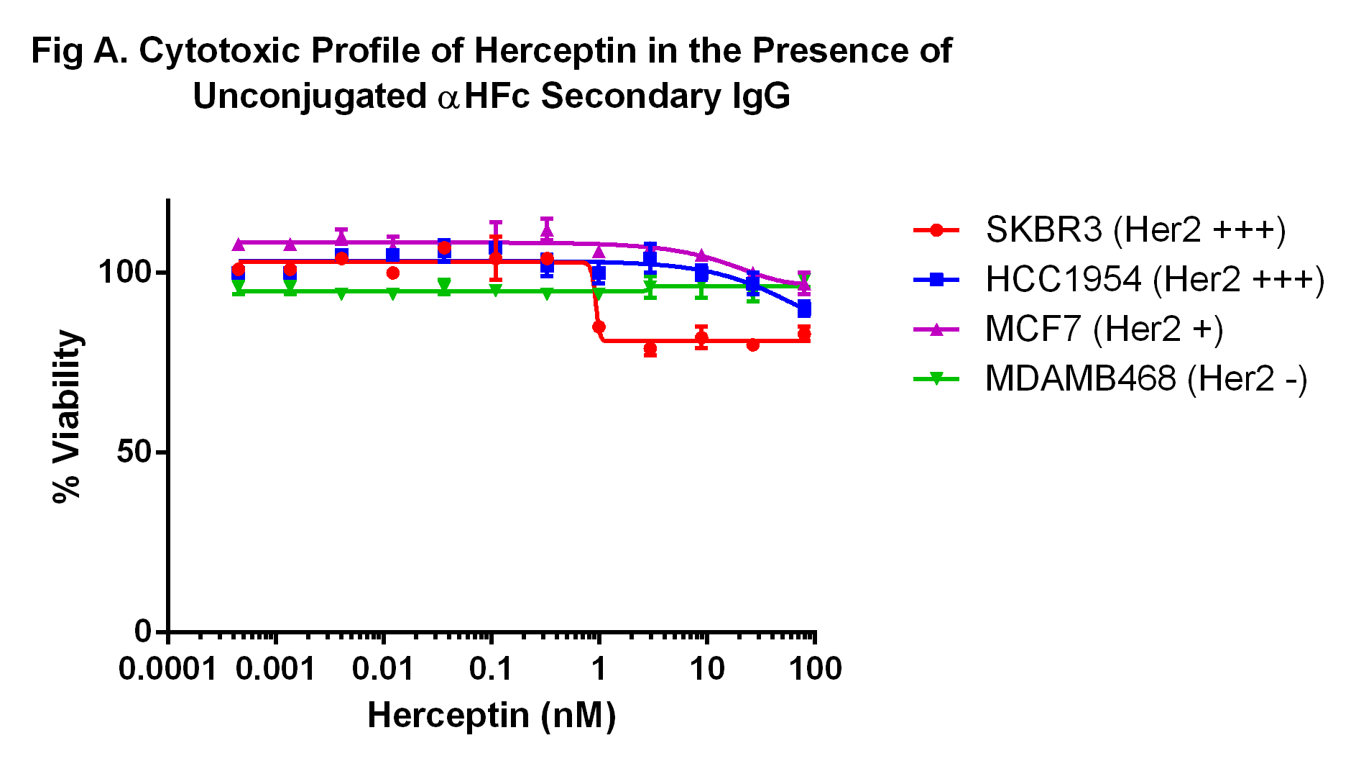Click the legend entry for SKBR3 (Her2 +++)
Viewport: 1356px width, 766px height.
(1135, 230)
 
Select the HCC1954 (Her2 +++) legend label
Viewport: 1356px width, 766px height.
(1155, 280)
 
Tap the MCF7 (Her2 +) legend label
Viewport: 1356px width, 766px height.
(1104, 329)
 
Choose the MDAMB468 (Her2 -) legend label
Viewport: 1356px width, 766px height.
(1146, 379)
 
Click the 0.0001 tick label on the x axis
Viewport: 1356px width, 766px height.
(167, 670)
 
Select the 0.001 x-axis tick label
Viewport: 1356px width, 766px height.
(275, 670)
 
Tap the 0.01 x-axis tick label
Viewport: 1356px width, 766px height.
(383, 670)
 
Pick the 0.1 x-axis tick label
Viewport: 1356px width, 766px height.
(491, 670)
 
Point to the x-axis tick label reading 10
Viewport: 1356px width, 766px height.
(707, 670)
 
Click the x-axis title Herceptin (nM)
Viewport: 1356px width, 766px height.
(492, 716)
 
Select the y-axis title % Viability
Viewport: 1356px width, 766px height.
(67, 416)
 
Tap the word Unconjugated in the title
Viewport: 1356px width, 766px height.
(310, 96)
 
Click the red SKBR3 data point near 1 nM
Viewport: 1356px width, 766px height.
(599, 327)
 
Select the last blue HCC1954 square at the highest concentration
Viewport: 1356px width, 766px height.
(804, 309)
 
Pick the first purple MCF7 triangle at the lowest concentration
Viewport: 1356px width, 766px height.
(239, 245)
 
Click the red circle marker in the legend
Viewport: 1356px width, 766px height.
(936, 230)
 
